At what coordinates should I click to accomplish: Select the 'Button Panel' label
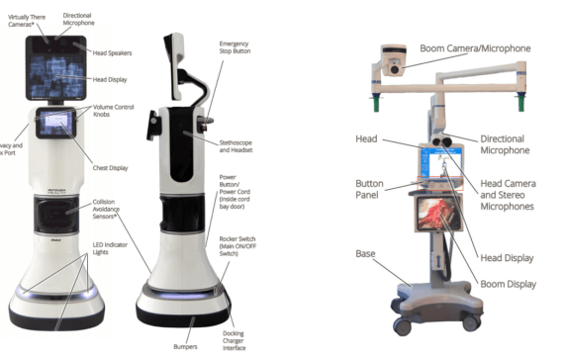[379, 189]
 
